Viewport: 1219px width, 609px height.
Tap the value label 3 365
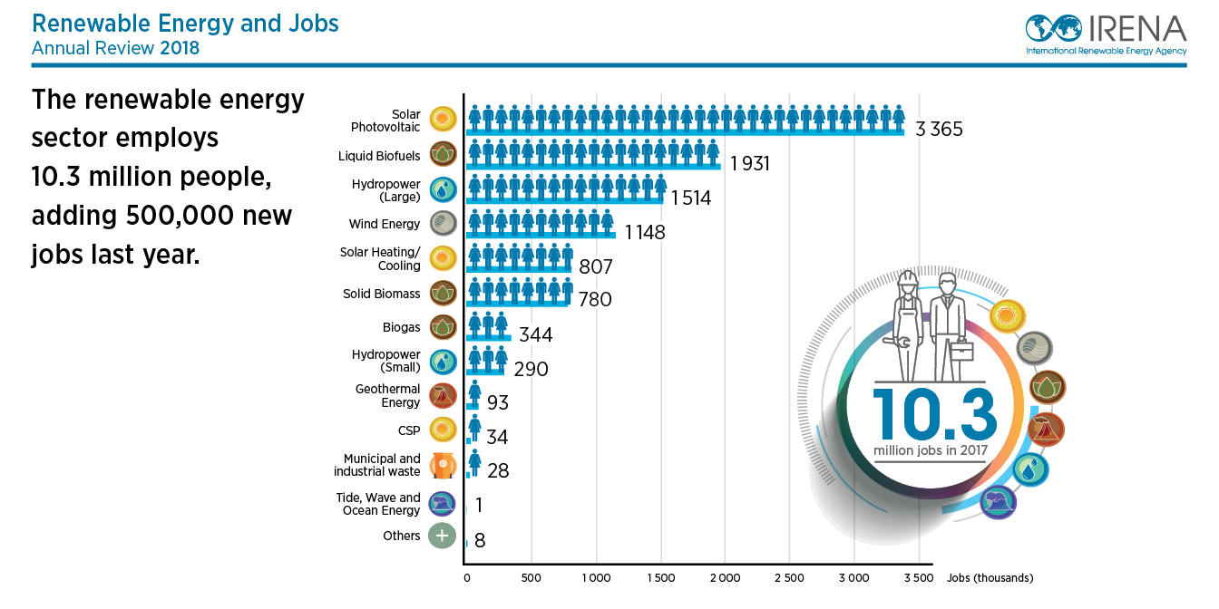(939, 130)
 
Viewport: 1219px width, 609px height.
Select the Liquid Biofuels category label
(379, 156)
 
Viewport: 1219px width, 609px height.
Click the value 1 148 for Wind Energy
(644, 233)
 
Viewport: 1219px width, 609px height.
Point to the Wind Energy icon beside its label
(443, 224)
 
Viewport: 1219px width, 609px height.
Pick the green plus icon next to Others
(442, 536)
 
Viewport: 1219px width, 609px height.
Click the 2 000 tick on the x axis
(725, 578)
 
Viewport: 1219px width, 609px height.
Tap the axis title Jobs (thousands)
(990, 578)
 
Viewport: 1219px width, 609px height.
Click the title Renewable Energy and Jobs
(185, 23)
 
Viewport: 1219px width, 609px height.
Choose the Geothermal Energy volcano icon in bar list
(443, 396)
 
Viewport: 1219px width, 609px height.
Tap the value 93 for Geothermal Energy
(498, 402)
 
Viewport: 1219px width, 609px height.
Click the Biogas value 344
(535, 335)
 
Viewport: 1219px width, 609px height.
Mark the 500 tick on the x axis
(531, 578)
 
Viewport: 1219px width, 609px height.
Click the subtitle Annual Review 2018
(115, 48)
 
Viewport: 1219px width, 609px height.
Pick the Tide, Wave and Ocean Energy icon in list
(443, 504)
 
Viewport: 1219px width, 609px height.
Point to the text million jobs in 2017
(931, 450)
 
